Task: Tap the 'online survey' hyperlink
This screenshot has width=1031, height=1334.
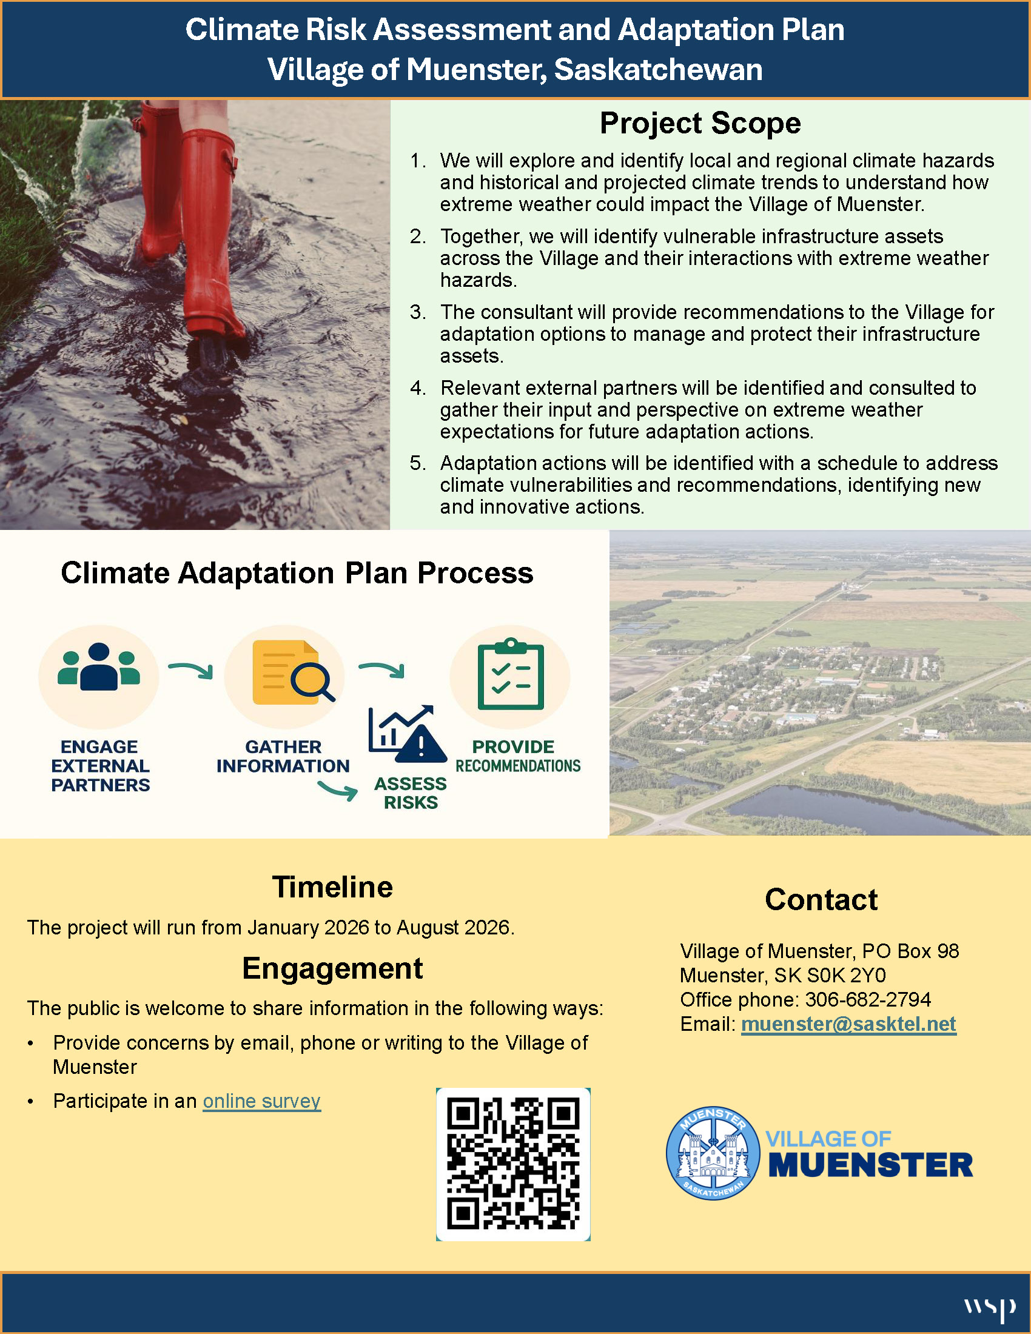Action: click(261, 1101)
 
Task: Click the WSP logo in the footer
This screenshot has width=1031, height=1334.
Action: click(990, 1308)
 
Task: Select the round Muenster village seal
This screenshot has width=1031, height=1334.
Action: click(713, 1153)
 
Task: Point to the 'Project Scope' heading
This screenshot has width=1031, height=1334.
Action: click(700, 123)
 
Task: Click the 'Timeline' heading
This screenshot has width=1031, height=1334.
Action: click(332, 888)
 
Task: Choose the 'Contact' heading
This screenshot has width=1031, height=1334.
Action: click(821, 900)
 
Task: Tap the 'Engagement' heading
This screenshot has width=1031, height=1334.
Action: click(332, 969)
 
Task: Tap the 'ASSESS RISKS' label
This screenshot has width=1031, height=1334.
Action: click(411, 793)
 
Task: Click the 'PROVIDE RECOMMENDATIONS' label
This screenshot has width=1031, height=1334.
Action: click(517, 756)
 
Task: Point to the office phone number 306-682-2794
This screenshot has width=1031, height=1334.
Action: click(867, 999)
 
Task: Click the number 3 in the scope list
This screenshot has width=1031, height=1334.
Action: click(417, 312)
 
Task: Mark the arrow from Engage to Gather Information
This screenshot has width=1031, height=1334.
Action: click(190, 670)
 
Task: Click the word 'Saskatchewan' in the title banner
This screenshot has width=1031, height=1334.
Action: click(658, 70)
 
